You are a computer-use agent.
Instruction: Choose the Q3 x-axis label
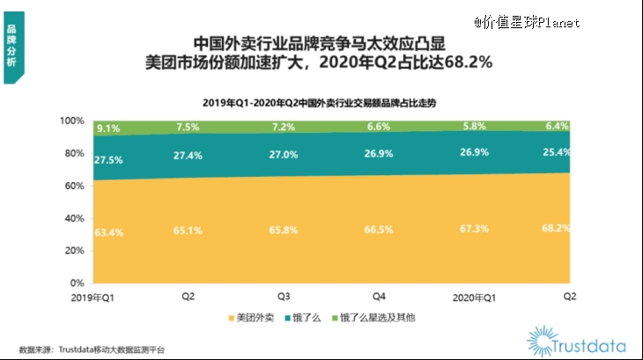coord(283,298)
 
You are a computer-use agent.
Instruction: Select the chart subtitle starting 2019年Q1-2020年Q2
coord(321,102)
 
